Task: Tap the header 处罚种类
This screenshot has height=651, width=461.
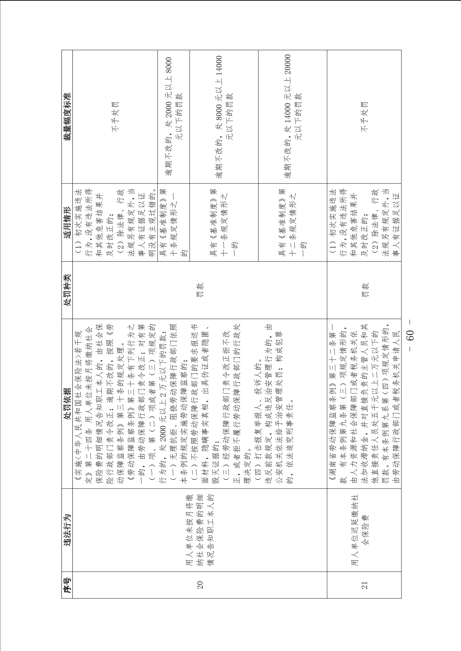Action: pyautogui.click(x=67, y=290)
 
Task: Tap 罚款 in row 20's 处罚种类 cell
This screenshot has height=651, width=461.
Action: pyautogui.click(x=200, y=290)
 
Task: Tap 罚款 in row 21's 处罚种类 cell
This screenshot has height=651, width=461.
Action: pyautogui.click(x=364, y=290)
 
